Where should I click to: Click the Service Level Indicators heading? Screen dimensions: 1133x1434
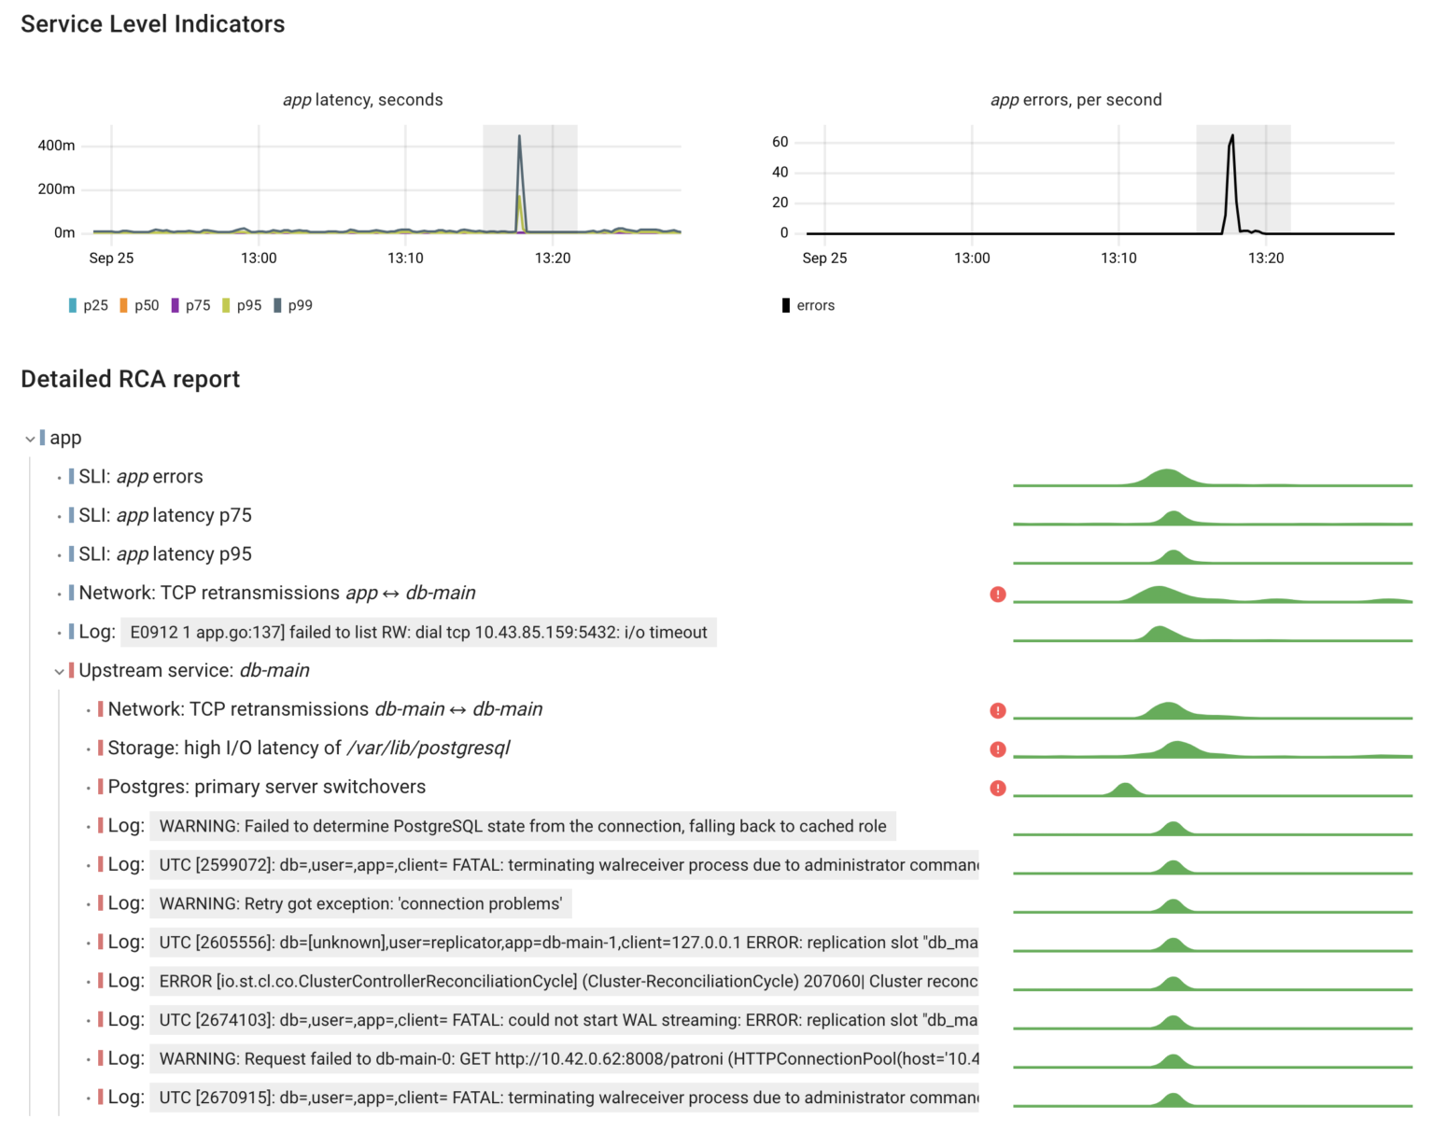coord(152,24)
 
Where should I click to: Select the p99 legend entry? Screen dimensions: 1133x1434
coord(293,305)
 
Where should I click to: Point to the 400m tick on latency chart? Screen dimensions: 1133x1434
coord(56,146)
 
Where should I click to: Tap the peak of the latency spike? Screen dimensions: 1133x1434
coord(519,137)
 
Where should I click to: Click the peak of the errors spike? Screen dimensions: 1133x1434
coord(1232,136)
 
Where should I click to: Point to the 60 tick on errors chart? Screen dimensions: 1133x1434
coord(780,142)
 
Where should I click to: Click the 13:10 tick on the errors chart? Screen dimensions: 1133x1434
coord(1118,258)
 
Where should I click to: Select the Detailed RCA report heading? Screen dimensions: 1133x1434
coord(130,379)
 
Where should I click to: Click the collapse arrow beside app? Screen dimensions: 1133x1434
coord(30,439)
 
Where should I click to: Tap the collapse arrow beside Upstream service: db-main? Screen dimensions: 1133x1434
coord(59,671)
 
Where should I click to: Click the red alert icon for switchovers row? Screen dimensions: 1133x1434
coord(998,788)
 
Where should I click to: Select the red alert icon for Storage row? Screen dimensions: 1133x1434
coord(998,749)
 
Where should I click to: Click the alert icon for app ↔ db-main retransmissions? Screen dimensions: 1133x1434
coord(998,594)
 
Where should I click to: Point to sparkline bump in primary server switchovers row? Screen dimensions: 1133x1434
coord(1124,790)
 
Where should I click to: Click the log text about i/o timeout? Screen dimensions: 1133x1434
coord(418,633)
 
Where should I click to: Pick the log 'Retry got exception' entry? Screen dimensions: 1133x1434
coord(360,903)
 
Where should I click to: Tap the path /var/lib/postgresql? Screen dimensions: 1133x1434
coord(429,748)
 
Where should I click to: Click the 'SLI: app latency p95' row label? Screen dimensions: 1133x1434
coord(165,554)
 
